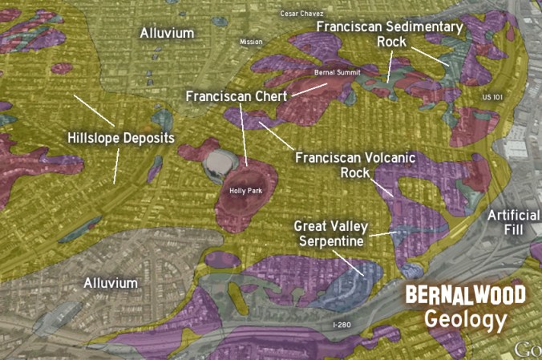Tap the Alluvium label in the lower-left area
pyautogui.click(x=111, y=283)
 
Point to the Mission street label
pyautogui.click(x=251, y=42)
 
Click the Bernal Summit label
pyautogui.click(x=336, y=73)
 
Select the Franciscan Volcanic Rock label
pyautogui.click(x=355, y=164)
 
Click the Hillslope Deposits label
pyautogui.click(x=120, y=138)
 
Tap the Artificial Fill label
pyautogui.click(x=513, y=222)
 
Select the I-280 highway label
pyautogui.click(x=341, y=325)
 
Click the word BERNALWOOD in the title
pyautogui.click(x=465, y=293)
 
